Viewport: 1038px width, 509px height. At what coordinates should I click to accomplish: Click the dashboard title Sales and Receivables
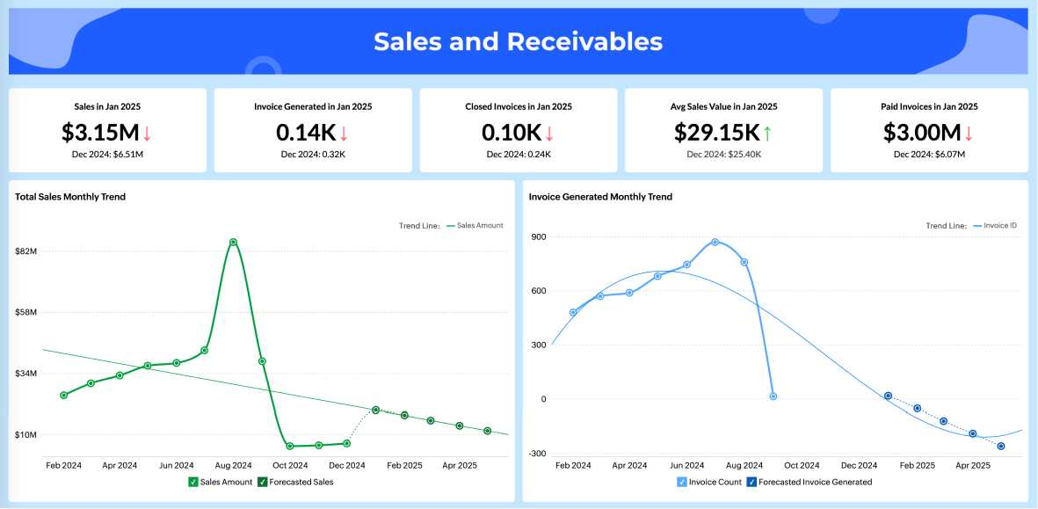(x=518, y=41)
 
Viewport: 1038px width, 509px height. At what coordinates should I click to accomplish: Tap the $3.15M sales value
(x=100, y=132)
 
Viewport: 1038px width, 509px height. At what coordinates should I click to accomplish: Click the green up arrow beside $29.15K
(x=767, y=133)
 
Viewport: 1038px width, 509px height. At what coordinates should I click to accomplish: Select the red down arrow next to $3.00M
(x=969, y=133)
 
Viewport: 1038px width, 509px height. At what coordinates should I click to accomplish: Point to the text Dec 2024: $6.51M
(x=107, y=154)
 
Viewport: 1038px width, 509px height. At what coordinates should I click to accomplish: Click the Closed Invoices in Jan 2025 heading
(x=519, y=106)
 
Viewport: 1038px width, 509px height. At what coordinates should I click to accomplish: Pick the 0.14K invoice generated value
(x=306, y=132)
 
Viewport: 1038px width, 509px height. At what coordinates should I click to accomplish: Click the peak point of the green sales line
(x=233, y=242)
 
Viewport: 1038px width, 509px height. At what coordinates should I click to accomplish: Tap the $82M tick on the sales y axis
(x=26, y=251)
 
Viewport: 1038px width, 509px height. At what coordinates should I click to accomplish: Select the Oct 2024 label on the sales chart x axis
(x=290, y=465)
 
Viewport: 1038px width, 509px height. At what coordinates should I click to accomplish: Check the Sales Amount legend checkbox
(x=192, y=482)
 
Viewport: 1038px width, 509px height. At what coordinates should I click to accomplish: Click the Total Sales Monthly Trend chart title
(x=70, y=197)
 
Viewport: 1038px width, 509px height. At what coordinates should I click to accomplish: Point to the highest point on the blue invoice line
(x=715, y=242)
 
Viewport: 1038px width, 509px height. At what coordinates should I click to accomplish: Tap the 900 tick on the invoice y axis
(x=537, y=236)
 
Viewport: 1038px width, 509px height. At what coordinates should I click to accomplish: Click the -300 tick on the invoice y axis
(x=535, y=454)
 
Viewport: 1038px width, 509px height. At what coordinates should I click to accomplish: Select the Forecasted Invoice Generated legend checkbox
(x=751, y=482)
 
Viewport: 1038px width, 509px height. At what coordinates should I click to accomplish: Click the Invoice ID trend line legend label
(x=999, y=226)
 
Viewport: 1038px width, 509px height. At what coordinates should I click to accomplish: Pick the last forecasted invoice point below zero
(x=1001, y=447)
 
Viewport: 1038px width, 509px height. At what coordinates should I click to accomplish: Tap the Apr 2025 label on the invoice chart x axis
(x=973, y=465)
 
